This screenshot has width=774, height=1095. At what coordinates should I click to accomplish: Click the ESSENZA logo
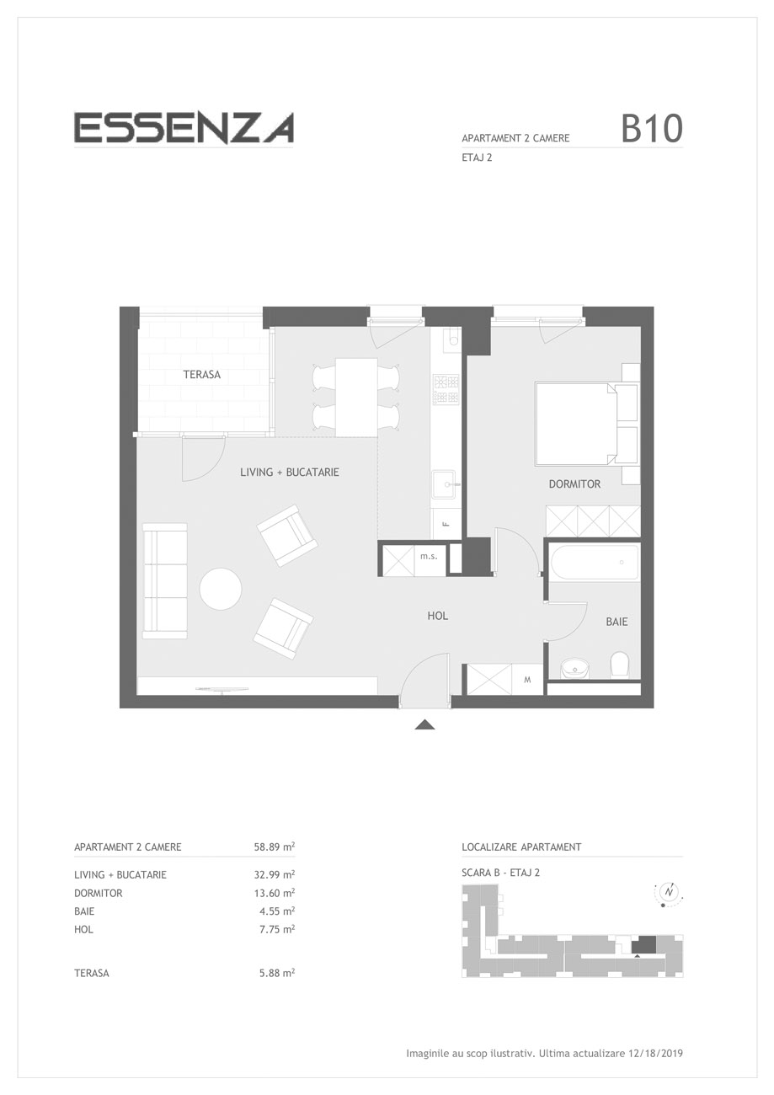pos(184,128)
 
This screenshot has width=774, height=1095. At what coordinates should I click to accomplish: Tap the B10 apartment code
pos(651,129)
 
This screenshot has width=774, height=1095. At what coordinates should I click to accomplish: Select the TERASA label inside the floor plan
pos(202,375)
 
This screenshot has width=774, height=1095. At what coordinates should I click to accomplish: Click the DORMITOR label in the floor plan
pos(574,484)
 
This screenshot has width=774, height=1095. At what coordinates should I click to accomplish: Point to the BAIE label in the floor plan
pos(617,622)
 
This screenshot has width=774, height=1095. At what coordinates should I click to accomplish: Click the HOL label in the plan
pos(438,616)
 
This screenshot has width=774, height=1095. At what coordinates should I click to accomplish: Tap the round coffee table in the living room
pos(221,589)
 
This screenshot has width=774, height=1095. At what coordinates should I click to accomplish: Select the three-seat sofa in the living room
pos(165,580)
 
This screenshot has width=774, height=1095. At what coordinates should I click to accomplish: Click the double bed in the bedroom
pos(586,424)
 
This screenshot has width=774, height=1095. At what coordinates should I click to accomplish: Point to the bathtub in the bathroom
pos(595,562)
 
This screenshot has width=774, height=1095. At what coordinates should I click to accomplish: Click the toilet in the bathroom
pos(620,665)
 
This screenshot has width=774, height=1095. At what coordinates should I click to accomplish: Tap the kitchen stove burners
pos(446,389)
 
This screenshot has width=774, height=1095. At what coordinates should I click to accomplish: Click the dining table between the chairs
pos(356,397)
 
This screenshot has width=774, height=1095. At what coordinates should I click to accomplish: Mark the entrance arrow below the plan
pos(424,724)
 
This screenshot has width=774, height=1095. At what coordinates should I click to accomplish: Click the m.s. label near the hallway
pos(429,556)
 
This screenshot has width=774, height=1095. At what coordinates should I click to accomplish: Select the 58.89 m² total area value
pos(274,847)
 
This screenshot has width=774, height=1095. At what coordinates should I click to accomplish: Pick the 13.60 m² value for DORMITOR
pos(274,893)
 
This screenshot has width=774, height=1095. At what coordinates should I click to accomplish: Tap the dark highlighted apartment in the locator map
pos(643,944)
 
